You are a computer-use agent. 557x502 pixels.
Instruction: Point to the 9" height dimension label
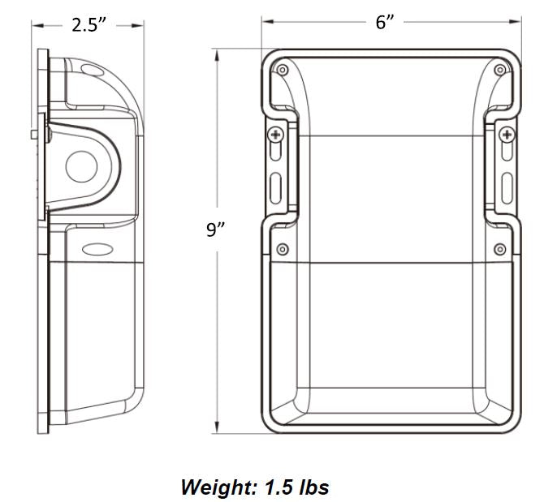click(x=215, y=230)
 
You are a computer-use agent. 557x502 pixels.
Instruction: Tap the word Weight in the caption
click(x=217, y=487)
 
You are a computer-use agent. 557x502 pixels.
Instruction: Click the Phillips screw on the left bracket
click(x=276, y=134)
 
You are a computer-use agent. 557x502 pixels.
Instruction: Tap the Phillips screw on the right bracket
click(x=507, y=134)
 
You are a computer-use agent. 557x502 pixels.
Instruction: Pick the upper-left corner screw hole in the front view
click(x=282, y=71)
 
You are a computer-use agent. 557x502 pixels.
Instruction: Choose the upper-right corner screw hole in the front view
click(x=502, y=71)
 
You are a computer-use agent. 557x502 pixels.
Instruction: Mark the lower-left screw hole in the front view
click(x=282, y=248)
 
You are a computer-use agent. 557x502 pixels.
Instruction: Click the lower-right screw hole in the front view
click(x=502, y=248)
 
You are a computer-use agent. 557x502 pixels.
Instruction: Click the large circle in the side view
click(x=81, y=168)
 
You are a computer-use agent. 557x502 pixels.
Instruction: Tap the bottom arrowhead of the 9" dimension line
click(x=218, y=431)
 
